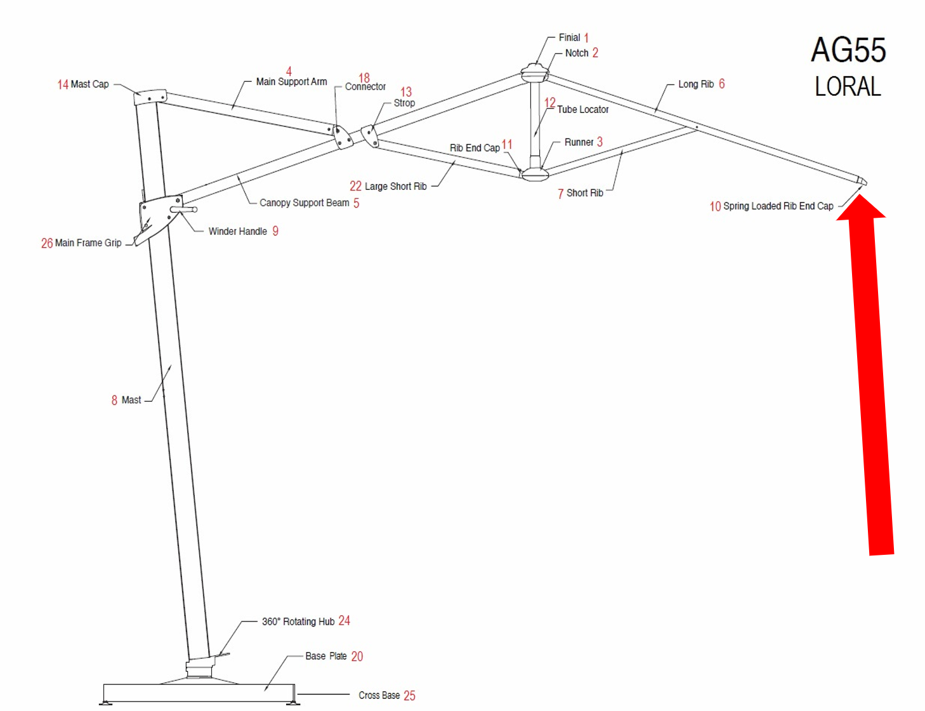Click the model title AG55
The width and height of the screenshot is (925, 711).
pos(848,51)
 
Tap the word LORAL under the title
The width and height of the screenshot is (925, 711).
pos(848,87)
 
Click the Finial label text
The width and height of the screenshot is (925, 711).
pos(569,37)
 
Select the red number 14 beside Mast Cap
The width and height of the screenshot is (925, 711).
pos(62,84)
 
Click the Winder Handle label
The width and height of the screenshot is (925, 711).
pos(237,232)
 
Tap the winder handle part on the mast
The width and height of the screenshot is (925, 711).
pos(185,209)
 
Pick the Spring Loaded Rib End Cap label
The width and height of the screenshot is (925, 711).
pos(778,206)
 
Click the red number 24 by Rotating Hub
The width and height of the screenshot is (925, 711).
pos(344,621)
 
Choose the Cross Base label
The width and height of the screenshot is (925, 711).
pos(379,696)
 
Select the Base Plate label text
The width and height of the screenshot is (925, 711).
pos(325,656)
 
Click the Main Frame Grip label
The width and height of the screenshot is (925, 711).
pos(88,243)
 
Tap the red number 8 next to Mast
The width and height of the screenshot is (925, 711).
pos(114,401)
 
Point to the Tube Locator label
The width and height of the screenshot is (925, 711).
pos(582,110)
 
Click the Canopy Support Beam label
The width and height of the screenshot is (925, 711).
pos(304,203)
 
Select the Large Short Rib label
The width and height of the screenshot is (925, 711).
pos(395,187)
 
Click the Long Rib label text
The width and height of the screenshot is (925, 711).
pos(695,84)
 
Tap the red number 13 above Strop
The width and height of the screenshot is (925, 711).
pos(406,92)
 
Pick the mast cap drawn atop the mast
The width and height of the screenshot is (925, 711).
pos(150,96)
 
